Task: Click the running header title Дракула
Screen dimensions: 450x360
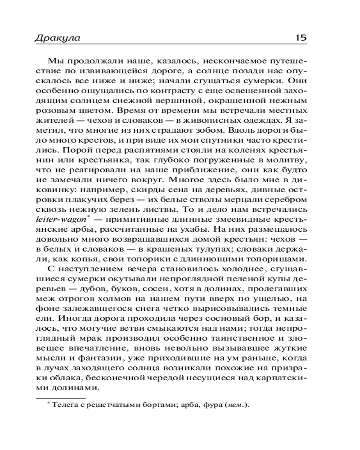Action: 57,38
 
